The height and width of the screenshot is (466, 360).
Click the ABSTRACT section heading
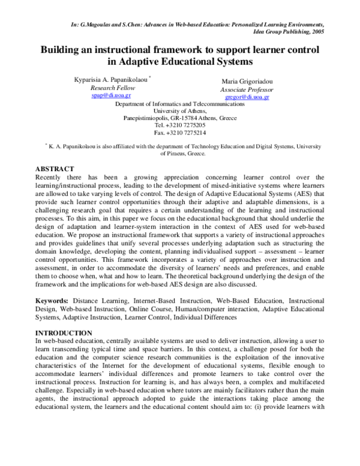(55, 169)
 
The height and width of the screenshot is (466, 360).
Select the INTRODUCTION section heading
(63, 333)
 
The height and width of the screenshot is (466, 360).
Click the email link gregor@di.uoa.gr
(247, 97)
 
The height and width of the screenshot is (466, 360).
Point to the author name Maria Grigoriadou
(247, 81)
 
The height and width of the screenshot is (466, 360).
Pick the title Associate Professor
(247, 89)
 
